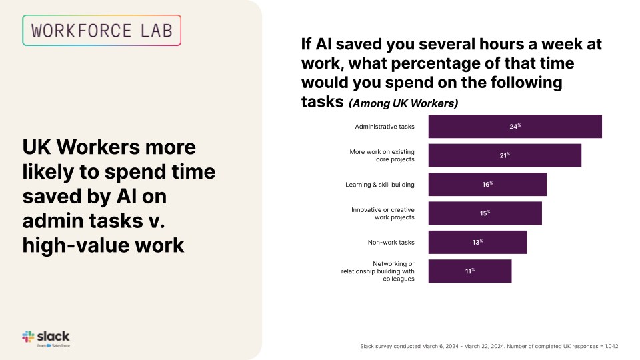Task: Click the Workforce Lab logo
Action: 101,30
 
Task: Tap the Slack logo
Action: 46,338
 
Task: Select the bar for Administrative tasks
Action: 515,127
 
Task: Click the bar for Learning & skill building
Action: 487,185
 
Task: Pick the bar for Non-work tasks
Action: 477,242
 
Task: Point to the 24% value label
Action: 515,127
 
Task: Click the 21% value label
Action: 505,155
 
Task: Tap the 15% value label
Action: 485,213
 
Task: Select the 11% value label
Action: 469,271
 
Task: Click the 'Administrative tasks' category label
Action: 385,127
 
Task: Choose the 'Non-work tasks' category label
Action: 391,242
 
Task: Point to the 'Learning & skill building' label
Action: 380,185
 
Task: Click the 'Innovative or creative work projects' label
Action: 383,213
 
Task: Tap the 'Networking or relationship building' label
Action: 378,271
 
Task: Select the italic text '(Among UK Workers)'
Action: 403,103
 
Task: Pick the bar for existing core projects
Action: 505,155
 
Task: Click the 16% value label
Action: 487,185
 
